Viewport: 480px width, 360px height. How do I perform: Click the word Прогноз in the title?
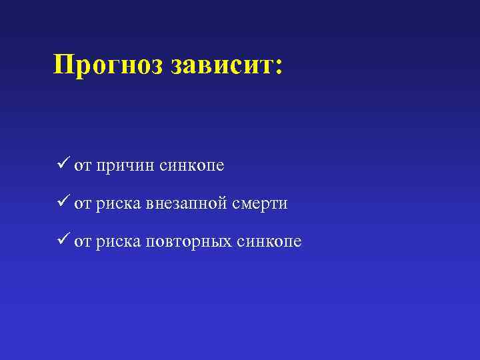tap(109, 66)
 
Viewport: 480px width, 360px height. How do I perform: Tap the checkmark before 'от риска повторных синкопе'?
tap(63, 241)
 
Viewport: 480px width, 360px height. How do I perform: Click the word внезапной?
tap(193, 205)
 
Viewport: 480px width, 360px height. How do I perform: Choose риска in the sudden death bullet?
tap(118, 205)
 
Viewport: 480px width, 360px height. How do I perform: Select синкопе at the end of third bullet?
tap(269, 242)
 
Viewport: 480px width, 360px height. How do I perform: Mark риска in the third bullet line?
tap(118, 242)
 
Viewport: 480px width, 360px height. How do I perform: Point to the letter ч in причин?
tap(131, 167)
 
